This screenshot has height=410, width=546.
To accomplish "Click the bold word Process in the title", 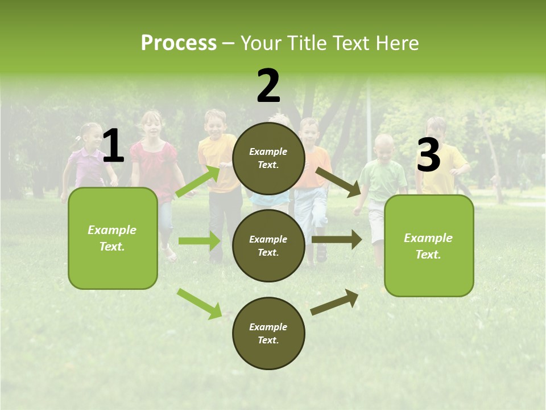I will click(179, 43).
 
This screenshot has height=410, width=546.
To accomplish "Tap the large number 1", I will click(113, 146).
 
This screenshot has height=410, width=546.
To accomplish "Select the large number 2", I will click(268, 86).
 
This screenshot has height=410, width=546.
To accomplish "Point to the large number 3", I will click(428, 155).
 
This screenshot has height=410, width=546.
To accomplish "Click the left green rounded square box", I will click(113, 238).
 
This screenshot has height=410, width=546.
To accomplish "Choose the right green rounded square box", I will click(429, 245).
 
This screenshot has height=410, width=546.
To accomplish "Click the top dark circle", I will click(268, 158).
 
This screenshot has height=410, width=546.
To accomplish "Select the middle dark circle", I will click(268, 245).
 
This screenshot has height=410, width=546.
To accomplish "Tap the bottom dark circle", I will click(268, 333).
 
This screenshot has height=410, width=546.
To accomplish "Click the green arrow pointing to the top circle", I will click(198, 181).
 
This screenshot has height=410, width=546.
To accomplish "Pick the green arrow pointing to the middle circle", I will click(199, 241).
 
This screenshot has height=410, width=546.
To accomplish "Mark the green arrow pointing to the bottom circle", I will click(200, 303).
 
